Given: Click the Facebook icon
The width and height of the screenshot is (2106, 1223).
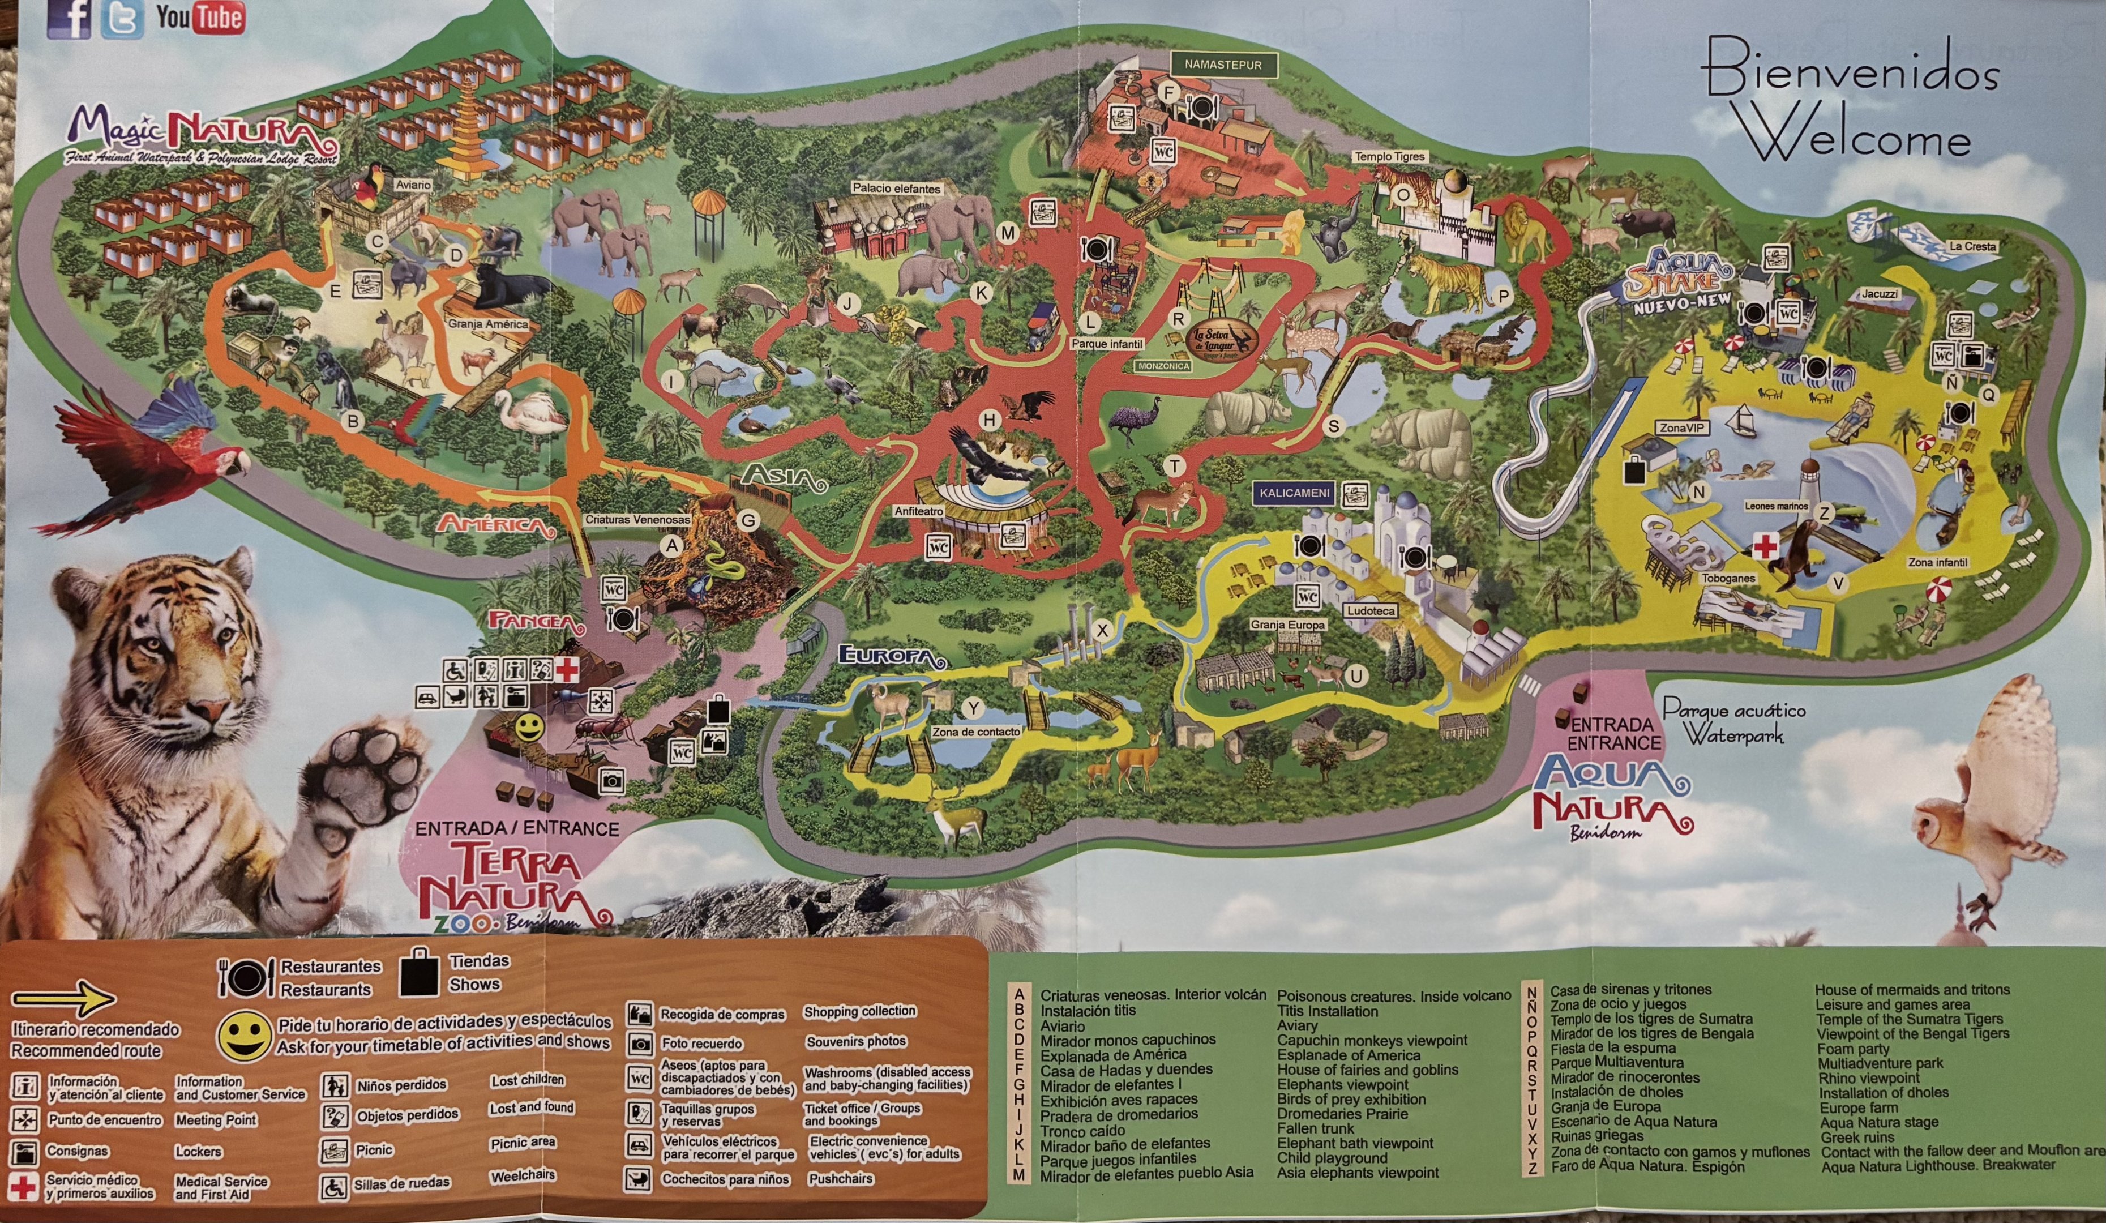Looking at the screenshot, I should pyautogui.click(x=70, y=18).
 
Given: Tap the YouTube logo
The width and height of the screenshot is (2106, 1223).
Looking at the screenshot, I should pyautogui.click(x=200, y=18).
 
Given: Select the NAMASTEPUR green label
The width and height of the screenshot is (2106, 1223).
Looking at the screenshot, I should pyautogui.click(x=1223, y=65).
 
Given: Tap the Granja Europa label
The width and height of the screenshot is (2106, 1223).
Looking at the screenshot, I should pyautogui.click(x=1288, y=625).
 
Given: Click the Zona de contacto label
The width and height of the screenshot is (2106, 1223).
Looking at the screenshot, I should pyautogui.click(x=976, y=732).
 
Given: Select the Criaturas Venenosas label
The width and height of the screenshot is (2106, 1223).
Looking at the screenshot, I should pyautogui.click(x=637, y=519).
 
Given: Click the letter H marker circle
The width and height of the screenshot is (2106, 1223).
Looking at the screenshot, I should pyautogui.click(x=990, y=421).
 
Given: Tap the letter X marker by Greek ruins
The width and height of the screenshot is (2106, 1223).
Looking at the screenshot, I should pyautogui.click(x=1102, y=631).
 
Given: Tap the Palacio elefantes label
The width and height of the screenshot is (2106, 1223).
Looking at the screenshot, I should pyautogui.click(x=896, y=189).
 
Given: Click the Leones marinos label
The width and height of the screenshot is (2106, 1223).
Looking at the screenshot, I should pyautogui.click(x=1776, y=506).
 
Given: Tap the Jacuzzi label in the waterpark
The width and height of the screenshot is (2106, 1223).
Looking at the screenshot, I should pyautogui.click(x=1880, y=294).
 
